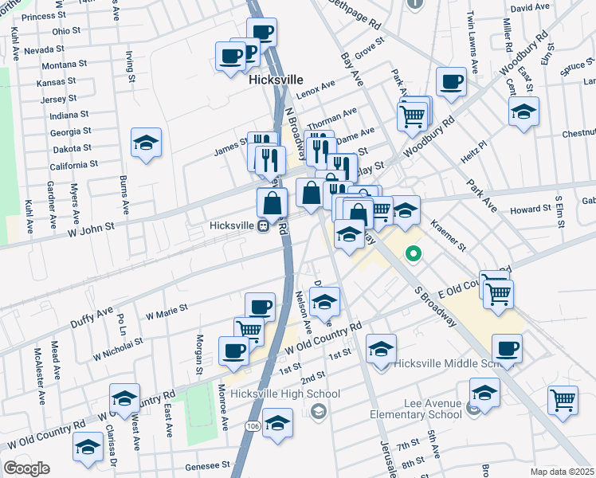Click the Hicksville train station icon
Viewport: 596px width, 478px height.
[x=262, y=225]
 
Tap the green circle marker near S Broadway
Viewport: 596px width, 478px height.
[x=414, y=255]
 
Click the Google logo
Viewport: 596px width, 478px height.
[x=26, y=468]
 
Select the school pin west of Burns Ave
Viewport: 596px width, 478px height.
[x=146, y=143]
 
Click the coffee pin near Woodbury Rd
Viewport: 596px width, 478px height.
[x=452, y=81]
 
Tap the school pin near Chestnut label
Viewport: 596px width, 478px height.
[x=523, y=112]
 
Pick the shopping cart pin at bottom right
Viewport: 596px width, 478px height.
[x=563, y=400]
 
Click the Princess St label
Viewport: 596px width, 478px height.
[x=45, y=16]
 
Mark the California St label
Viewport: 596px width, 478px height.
[x=73, y=164]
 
